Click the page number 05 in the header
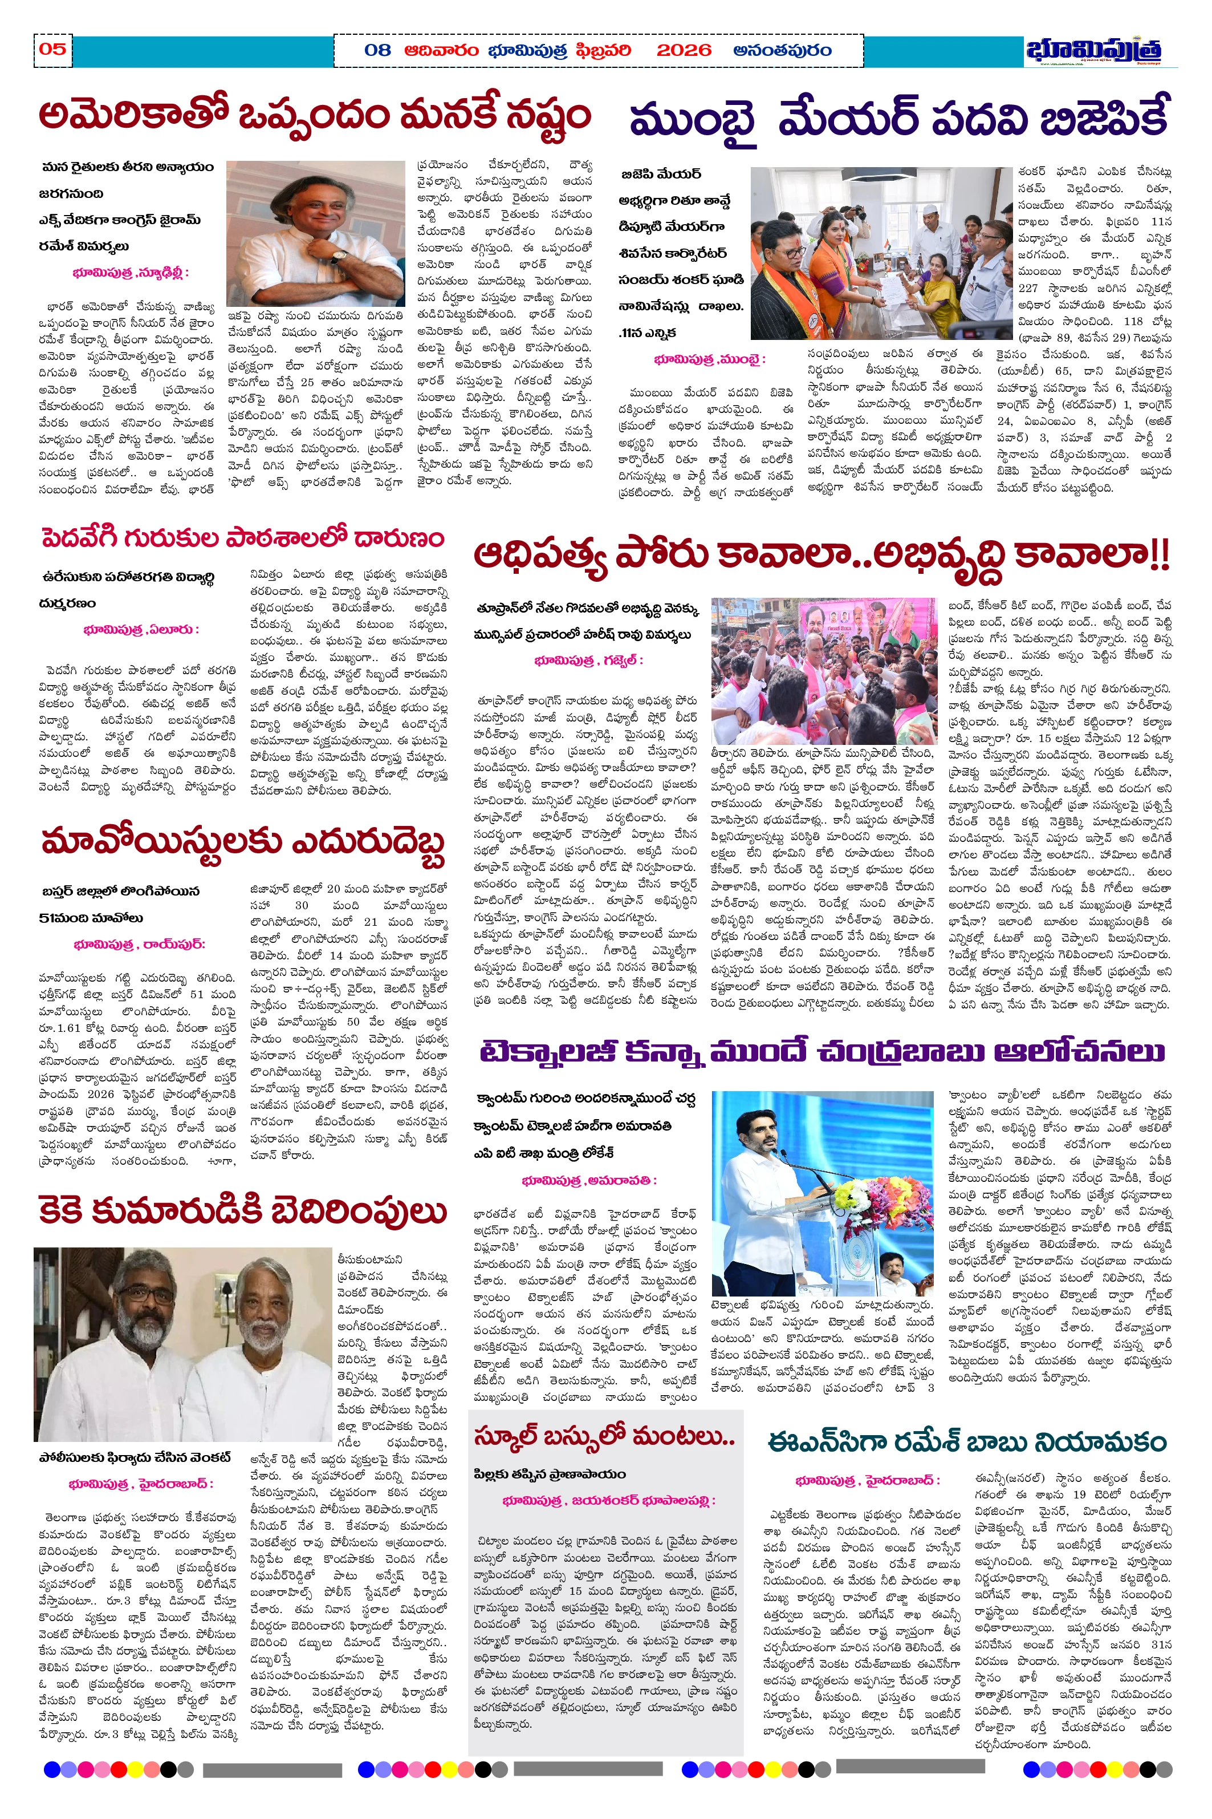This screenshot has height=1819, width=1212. click(52, 50)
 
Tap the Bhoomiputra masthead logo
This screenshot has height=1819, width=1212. click(1093, 50)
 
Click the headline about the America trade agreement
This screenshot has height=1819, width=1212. click(315, 116)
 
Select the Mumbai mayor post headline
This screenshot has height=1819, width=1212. click(898, 118)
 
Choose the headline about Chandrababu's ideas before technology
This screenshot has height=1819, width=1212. click(821, 1052)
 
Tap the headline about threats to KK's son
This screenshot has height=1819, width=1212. click(243, 1210)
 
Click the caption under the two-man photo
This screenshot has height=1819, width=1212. click(135, 1457)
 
